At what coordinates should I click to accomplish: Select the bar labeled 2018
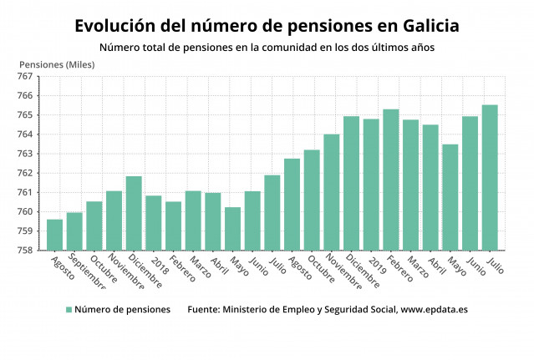[x=153, y=223]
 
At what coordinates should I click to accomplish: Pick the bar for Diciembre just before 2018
[x=134, y=213]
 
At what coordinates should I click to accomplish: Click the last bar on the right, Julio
[x=490, y=178]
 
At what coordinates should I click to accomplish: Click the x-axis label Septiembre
[x=87, y=272]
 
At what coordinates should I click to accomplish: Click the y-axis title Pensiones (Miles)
[x=57, y=64]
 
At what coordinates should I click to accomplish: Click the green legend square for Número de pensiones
[x=69, y=310]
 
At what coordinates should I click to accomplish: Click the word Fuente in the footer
[x=205, y=310]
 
